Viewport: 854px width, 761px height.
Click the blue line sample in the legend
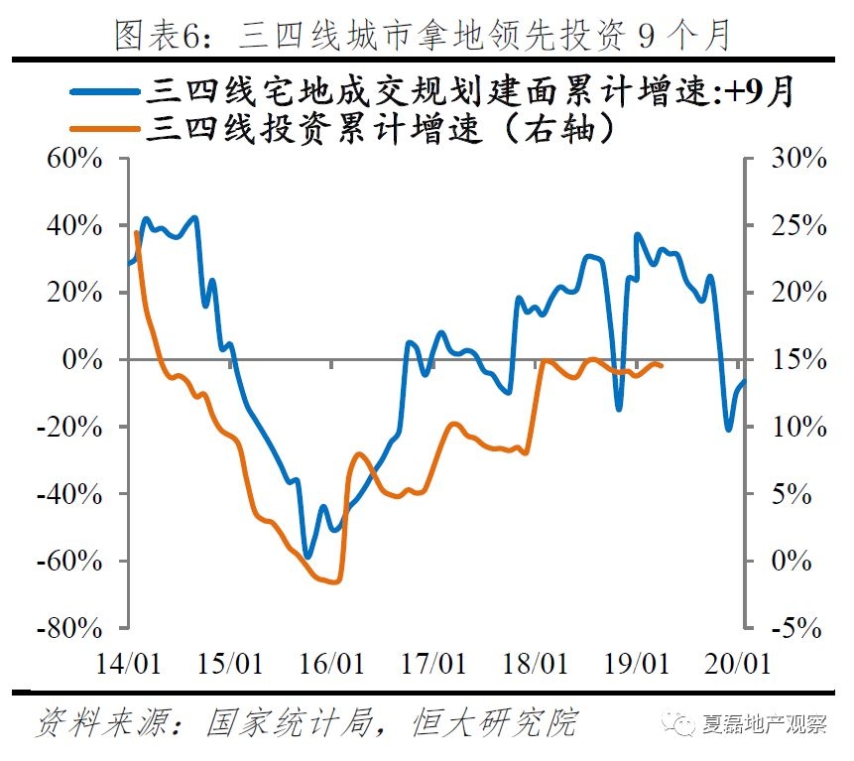pos(104,91)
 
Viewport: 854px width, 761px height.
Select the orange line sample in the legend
pos(104,127)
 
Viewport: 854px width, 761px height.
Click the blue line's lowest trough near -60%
pos(306,557)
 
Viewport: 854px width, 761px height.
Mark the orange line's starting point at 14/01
pos(136,232)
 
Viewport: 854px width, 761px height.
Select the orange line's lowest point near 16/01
pos(335,581)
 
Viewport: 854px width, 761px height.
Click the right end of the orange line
pos(662,366)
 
